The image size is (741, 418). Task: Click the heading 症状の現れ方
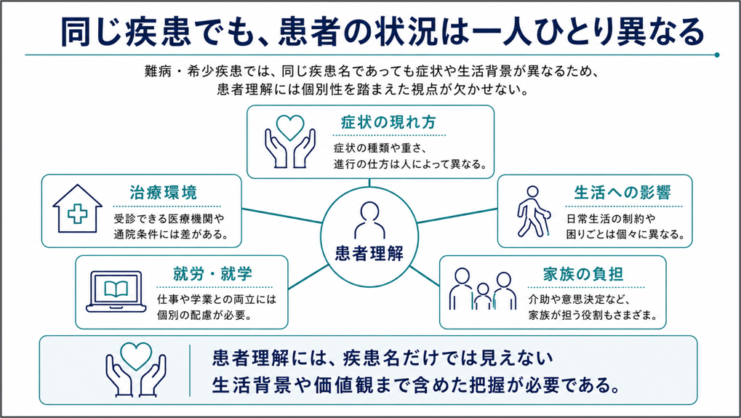pyautogui.click(x=388, y=123)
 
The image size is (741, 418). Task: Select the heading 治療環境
pyautogui.click(x=163, y=193)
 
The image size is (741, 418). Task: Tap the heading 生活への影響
pyautogui.click(x=622, y=193)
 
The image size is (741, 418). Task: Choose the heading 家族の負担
pyautogui.click(x=582, y=274)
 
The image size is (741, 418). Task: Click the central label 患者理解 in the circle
pyautogui.click(x=369, y=254)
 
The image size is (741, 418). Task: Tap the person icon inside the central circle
pyautogui.click(x=369, y=220)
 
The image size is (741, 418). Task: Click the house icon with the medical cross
pyautogui.click(x=78, y=209)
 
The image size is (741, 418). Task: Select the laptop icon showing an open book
pyautogui.click(x=116, y=292)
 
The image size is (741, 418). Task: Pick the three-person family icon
pyautogui.click(x=483, y=289)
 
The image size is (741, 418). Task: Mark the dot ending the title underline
pyautogui.click(x=717, y=55)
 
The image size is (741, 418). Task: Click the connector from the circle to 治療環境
pyautogui.click(x=282, y=216)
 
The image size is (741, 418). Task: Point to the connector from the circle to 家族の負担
pyautogui.click(x=424, y=276)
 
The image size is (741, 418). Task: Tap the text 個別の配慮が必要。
pyautogui.click(x=204, y=315)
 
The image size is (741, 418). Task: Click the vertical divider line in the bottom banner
pyautogui.click(x=190, y=370)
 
